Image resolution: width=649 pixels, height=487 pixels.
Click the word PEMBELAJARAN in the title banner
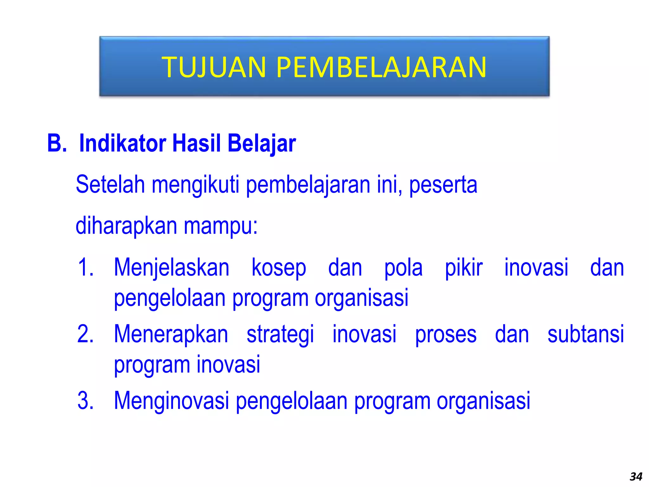click(381, 67)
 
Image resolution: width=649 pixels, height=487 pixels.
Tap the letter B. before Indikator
click(57, 143)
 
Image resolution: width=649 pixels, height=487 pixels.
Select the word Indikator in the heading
click(123, 143)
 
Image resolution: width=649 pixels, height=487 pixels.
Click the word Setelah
click(110, 185)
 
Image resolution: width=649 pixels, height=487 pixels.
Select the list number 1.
click(86, 268)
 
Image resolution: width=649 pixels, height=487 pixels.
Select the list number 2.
click(86, 334)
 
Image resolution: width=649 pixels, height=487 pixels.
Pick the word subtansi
click(586, 334)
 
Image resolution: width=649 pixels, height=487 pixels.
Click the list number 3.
click(86, 401)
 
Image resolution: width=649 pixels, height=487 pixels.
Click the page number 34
click(636, 477)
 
